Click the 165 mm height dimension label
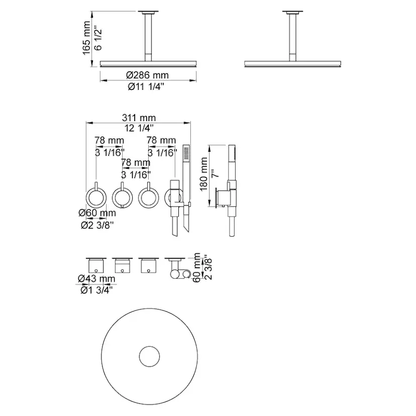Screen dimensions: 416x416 click(87, 38)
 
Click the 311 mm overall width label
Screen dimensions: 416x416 click(139, 118)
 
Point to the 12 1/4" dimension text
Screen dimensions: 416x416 click(139, 128)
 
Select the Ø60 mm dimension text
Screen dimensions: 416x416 click(97, 214)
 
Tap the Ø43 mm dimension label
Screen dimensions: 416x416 click(96, 278)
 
